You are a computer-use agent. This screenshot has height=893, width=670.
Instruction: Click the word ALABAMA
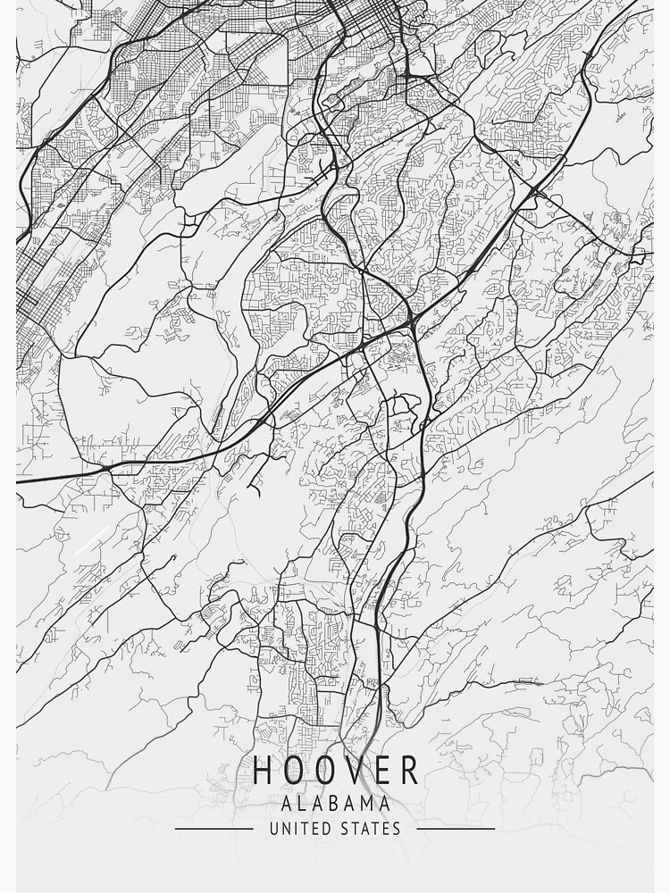pos(335,804)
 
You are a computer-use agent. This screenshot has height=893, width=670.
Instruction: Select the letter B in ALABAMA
pos(336,804)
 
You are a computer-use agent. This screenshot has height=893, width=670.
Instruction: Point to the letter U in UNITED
pos(273,829)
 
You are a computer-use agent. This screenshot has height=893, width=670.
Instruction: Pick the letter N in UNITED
pos(286,829)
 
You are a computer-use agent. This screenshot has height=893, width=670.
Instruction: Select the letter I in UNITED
pos(296,829)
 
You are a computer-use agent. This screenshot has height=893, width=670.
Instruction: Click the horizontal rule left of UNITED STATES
pos(214,829)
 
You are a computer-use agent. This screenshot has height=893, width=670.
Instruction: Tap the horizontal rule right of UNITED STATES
pos(456,829)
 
